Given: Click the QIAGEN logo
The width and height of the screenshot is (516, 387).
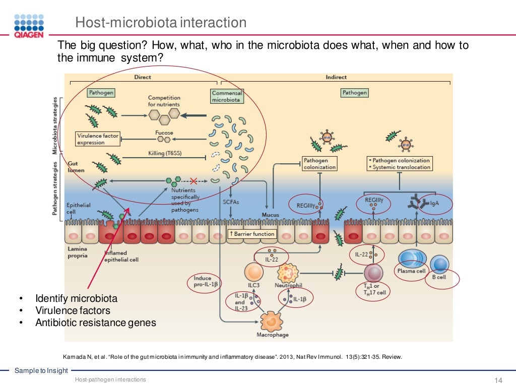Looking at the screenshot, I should pos(29,26).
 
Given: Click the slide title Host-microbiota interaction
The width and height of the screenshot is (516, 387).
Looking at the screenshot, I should pos(160,23).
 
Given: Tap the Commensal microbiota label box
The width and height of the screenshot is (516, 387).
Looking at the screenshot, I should pos(227,96).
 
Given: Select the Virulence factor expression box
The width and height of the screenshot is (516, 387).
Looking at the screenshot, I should pos(97,139).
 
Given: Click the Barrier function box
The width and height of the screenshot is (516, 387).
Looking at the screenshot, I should pos(252,234).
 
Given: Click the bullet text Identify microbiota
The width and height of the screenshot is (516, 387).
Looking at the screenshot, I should pos(76,298).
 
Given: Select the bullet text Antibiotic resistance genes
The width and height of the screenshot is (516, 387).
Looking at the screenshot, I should pos(95,322).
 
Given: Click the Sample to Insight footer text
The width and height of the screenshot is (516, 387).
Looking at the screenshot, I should pos(41,371).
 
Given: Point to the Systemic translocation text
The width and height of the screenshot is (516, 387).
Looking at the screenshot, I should pos(402,167).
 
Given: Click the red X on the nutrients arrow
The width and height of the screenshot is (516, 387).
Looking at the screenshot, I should pos(192,180).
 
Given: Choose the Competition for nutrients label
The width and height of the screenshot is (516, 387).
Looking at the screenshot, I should pos(164,101).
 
